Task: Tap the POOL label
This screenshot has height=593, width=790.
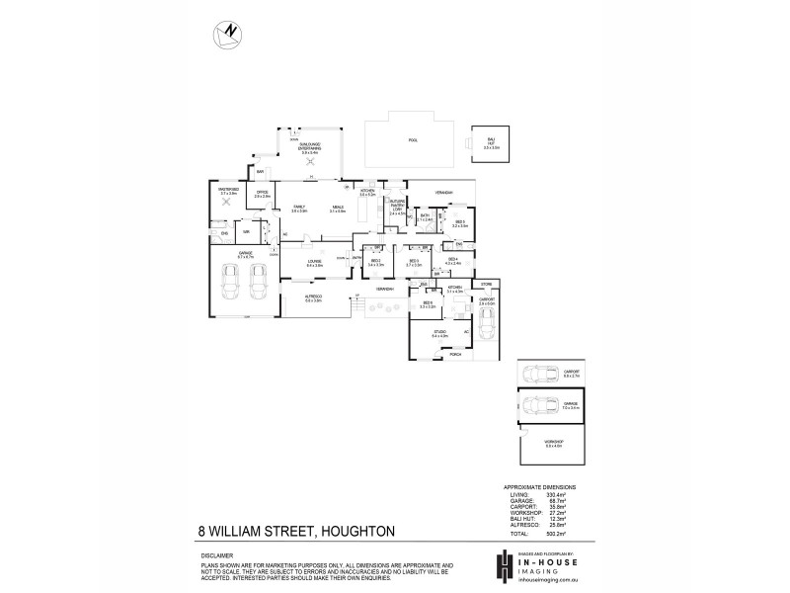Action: (413, 141)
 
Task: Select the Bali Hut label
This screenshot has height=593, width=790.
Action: (491, 144)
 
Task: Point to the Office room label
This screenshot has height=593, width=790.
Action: (262, 194)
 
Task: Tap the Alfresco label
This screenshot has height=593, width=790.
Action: (314, 297)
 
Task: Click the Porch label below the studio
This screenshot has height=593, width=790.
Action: (457, 354)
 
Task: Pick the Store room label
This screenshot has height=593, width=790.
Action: (486, 284)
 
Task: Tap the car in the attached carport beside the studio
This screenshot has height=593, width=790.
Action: (485, 321)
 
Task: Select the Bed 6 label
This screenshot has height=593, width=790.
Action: (428, 304)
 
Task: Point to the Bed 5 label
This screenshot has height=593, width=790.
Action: (460, 223)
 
